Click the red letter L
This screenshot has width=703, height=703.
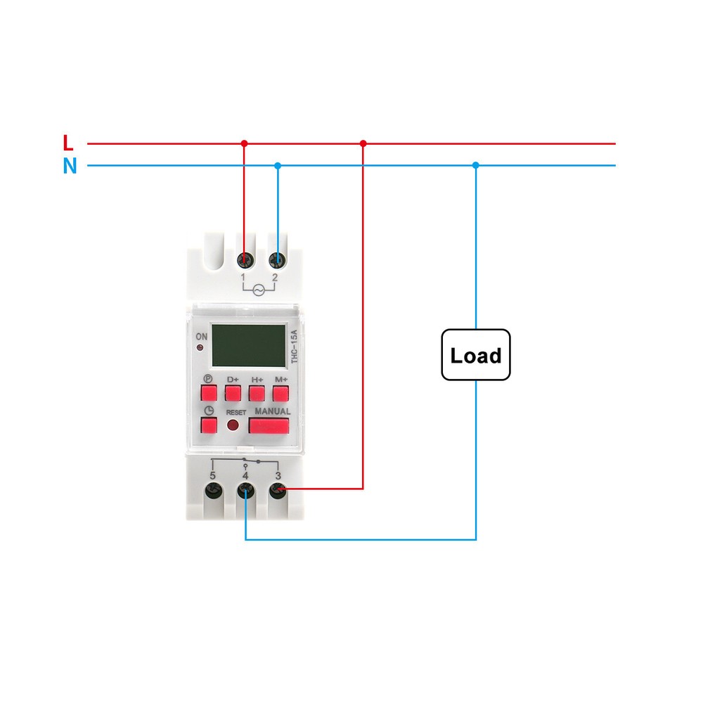click(68, 143)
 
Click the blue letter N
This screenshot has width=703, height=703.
click(70, 167)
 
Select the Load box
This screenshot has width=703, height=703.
click(476, 355)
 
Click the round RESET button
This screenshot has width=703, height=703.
click(232, 425)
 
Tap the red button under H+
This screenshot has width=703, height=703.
click(257, 392)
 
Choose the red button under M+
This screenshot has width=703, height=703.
click(281, 392)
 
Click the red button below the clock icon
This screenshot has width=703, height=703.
click(209, 425)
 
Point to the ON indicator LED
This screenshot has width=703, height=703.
click(202, 348)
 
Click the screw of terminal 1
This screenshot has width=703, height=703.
click(245, 260)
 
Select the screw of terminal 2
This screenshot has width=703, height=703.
click(278, 260)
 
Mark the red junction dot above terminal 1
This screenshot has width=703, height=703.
click(245, 143)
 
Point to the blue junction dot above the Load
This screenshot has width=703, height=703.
click(476, 165)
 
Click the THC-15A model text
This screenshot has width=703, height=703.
click(295, 347)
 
